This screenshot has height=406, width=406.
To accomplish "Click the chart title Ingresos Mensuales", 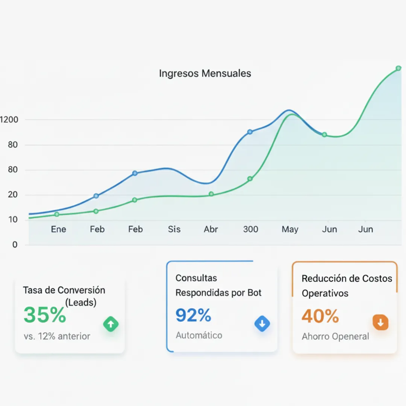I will pyautogui.click(x=205, y=73).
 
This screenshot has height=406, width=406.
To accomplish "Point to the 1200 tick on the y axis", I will pyautogui.click(x=8, y=120).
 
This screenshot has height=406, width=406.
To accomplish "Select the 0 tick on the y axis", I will pyautogui.click(x=15, y=245).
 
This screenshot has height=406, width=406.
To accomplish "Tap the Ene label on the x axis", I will pyautogui.click(x=58, y=229).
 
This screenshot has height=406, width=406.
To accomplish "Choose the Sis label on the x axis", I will pyautogui.click(x=174, y=229).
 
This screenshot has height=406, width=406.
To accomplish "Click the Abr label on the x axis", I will pyautogui.click(x=211, y=229).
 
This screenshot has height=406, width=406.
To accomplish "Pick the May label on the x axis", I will pyautogui.click(x=290, y=229).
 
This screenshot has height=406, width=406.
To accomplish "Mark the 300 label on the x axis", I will pyautogui.click(x=250, y=229).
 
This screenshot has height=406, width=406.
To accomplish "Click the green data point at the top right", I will pyautogui.click(x=398, y=68).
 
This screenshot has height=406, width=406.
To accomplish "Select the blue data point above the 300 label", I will pyautogui.click(x=250, y=132).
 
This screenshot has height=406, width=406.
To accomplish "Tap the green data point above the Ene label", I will pyautogui.click(x=57, y=214).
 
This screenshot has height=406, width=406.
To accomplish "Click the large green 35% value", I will pyautogui.click(x=45, y=315).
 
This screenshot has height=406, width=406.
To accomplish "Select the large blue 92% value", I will pyautogui.click(x=193, y=315).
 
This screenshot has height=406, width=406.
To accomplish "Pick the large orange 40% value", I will pyautogui.click(x=320, y=316).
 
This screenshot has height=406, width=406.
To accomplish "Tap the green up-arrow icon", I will pyautogui.click(x=111, y=324).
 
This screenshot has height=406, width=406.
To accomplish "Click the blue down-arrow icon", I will pyautogui.click(x=262, y=324).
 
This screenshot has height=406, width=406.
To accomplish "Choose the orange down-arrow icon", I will pyautogui.click(x=380, y=323).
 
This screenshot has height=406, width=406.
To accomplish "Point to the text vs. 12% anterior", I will pyautogui.click(x=57, y=336).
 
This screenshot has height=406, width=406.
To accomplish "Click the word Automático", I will pyautogui.click(x=199, y=335).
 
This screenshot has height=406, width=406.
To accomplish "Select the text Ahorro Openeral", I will pyautogui.click(x=335, y=336).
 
